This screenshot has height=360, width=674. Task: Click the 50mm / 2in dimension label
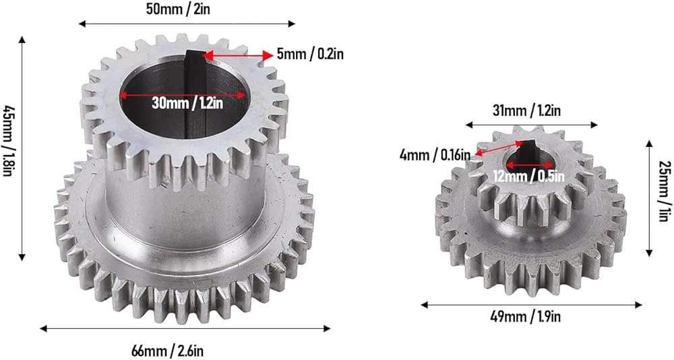click(x=178, y=9)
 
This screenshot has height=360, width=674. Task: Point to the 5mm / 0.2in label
click(x=310, y=54)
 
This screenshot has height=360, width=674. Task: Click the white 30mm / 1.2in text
click(x=187, y=103)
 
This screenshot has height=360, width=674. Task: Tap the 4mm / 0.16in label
click(x=435, y=155)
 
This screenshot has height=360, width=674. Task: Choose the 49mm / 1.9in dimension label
click(x=525, y=317)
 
